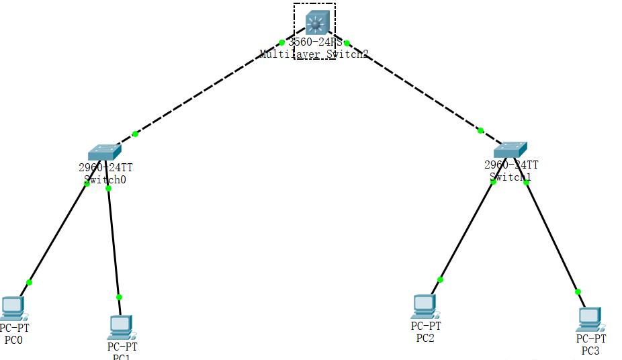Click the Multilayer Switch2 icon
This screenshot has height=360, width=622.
[315, 23]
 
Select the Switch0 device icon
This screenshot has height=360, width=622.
[102, 152]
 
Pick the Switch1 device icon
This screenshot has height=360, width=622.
[510, 149]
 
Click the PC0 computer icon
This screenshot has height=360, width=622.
[13, 308]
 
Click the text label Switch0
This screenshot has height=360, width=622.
[105, 179]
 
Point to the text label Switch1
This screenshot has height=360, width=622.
[510, 177]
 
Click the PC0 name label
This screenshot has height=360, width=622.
[13, 339]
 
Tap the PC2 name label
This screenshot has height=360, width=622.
[425, 337]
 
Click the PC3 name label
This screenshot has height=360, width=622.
[590, 351]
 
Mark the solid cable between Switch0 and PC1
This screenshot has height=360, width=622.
[114, 242]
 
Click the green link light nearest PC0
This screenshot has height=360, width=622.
[29, 282]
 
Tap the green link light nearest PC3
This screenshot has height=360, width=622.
[578, 291]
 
